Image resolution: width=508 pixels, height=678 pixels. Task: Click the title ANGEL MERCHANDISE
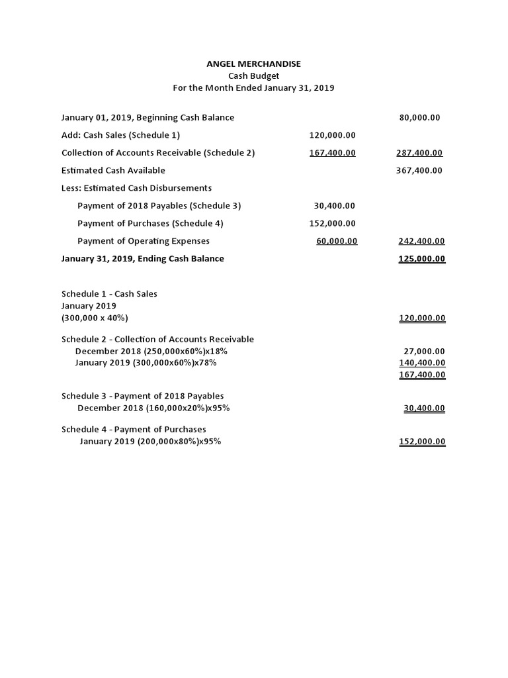[x=254, y=64]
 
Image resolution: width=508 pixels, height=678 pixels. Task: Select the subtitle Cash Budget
[x=254, y=75]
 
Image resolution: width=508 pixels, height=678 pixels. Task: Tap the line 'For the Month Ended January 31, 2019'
[x=254, y=87]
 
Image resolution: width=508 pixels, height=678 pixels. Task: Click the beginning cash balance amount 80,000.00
[x=419, y=118]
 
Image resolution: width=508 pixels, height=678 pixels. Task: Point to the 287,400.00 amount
[x=420, y=153]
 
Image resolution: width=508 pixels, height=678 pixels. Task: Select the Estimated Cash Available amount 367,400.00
[x=420, y=170]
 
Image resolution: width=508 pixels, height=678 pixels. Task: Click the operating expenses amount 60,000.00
[x=337, y=241]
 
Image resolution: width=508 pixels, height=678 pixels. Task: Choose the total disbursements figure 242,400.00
[x=421, y=241]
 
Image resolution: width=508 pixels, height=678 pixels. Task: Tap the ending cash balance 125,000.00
[x=421, y=259]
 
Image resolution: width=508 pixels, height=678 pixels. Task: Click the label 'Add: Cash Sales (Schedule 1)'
[x=120, y=135]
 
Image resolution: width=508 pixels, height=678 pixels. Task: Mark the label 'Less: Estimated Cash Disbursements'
[x=136, y=188]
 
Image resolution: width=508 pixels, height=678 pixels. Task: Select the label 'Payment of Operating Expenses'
[x=144, y=241]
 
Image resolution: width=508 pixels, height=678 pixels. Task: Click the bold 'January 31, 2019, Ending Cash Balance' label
[x=142, y=259]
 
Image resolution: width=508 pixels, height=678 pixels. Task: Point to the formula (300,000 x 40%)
[x=95, y=318]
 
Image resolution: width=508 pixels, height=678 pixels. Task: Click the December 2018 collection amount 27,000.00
[x=424, y=352]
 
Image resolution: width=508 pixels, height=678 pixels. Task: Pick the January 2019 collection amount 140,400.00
[x=422, y=363]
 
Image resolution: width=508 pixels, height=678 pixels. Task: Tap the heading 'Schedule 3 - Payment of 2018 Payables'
[x=142, y=396]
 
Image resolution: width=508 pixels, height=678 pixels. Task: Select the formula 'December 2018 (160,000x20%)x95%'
[x=153, y=408]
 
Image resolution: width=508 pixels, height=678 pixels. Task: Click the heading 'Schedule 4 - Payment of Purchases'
[x=134, y=429]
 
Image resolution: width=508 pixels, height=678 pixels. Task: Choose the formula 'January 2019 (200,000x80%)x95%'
[x=150, y=442]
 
